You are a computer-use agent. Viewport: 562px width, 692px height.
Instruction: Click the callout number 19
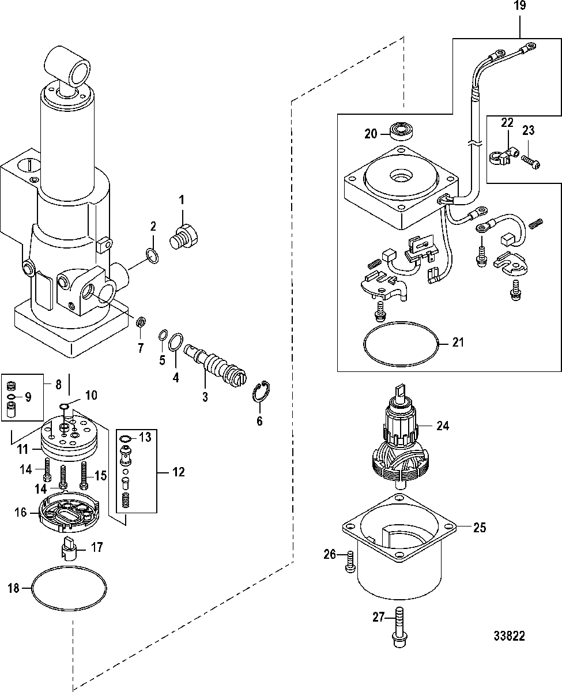pos(520,6)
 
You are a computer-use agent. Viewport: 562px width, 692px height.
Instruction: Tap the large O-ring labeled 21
pos(401,344)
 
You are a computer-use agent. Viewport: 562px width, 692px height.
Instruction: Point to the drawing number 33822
pos(509,636)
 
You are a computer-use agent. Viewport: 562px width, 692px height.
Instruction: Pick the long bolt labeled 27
pos(400,627)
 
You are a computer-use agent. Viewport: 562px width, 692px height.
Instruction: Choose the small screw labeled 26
pos(350,562)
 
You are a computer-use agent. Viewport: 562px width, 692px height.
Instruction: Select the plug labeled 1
pos(184,237)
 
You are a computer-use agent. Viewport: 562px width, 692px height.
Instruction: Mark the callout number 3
pos(205,397)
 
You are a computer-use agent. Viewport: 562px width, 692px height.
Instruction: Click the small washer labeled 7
pos(141,322)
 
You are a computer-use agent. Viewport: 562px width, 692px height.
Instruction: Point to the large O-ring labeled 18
pos(69,588)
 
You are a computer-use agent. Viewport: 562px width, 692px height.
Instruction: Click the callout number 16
pos(20,512)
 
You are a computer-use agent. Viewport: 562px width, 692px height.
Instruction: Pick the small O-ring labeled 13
pos(125,439)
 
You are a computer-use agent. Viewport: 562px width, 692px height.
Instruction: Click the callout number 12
pos(178,472)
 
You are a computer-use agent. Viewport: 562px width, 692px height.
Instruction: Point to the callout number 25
pos(480,528)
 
